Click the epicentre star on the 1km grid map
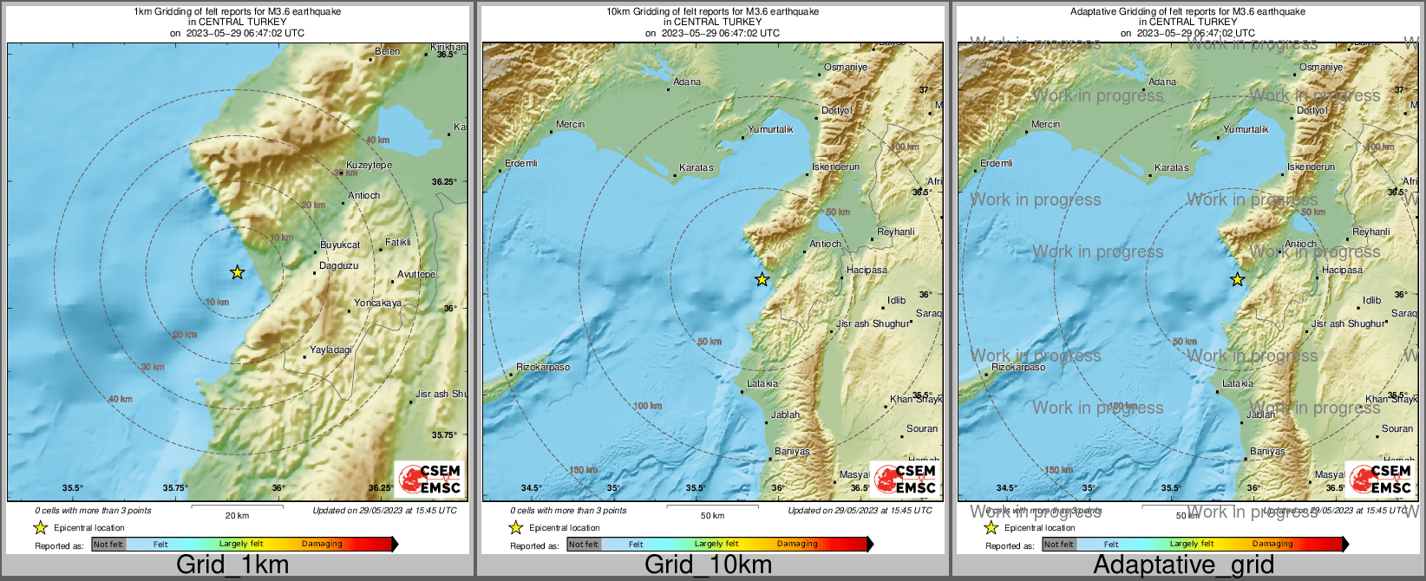(237, 272)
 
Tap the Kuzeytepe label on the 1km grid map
(369, 165)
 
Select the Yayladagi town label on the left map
(330, 349)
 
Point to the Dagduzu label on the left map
(338, 265)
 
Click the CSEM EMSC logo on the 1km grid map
(429, 479)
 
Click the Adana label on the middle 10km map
(687, 82)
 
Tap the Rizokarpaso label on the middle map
(543, 367)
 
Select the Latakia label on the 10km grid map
(762, 383)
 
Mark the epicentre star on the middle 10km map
(762, 279)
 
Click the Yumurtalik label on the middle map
(770, 129)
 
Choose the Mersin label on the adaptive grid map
(1045, 124)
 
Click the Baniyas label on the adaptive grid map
(1267, 451)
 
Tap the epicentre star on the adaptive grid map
(1237, 279)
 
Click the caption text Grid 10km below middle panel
(708, 565)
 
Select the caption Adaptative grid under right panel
(1183, 565)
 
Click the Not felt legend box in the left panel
(108, 545)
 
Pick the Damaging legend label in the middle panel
(797, 545)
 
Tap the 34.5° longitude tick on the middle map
(531, 488)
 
